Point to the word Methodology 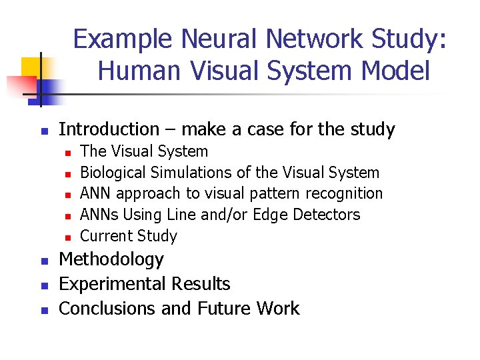(x=111, y=259)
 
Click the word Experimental (x=113, y=284)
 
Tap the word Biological (x=113, y=173)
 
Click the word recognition (x=345, y=194)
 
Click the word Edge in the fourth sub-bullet (x=268, y=215)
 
